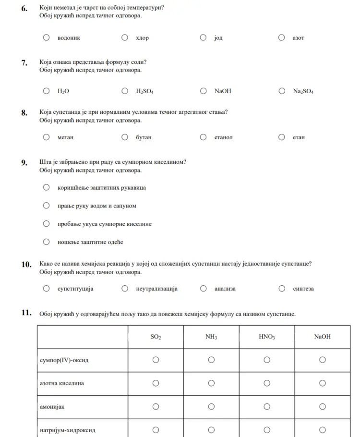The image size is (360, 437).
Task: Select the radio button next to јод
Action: coord(204,37)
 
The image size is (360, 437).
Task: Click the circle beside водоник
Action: coord(47,37)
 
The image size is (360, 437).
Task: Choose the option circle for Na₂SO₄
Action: coord(282,91)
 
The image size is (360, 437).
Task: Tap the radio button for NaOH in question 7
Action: coord(204,91)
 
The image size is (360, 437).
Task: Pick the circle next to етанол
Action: coord(204,137)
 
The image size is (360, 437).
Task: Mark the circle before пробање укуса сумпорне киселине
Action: coord(47,224)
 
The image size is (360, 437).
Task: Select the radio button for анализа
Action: coord(204,289)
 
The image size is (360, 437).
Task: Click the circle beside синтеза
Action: coord(282,289)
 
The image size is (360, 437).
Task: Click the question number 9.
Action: coord(24,162)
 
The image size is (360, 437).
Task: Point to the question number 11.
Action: coord(26,314)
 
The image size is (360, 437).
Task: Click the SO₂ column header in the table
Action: coord(156,337)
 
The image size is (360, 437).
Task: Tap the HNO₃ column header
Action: coord(266,337)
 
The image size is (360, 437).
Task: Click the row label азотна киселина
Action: coord(61,383)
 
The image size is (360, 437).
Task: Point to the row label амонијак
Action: coord(52,407)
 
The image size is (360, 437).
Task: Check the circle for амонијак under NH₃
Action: coord(211,407)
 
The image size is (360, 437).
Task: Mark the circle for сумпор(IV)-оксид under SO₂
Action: coord(156,360)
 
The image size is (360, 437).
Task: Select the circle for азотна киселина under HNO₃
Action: coord(267,383)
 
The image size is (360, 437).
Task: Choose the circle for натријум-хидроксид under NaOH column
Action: coord(323,430)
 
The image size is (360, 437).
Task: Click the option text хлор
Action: coord(143,38)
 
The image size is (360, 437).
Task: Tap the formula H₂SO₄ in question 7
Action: coord(144,91)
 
